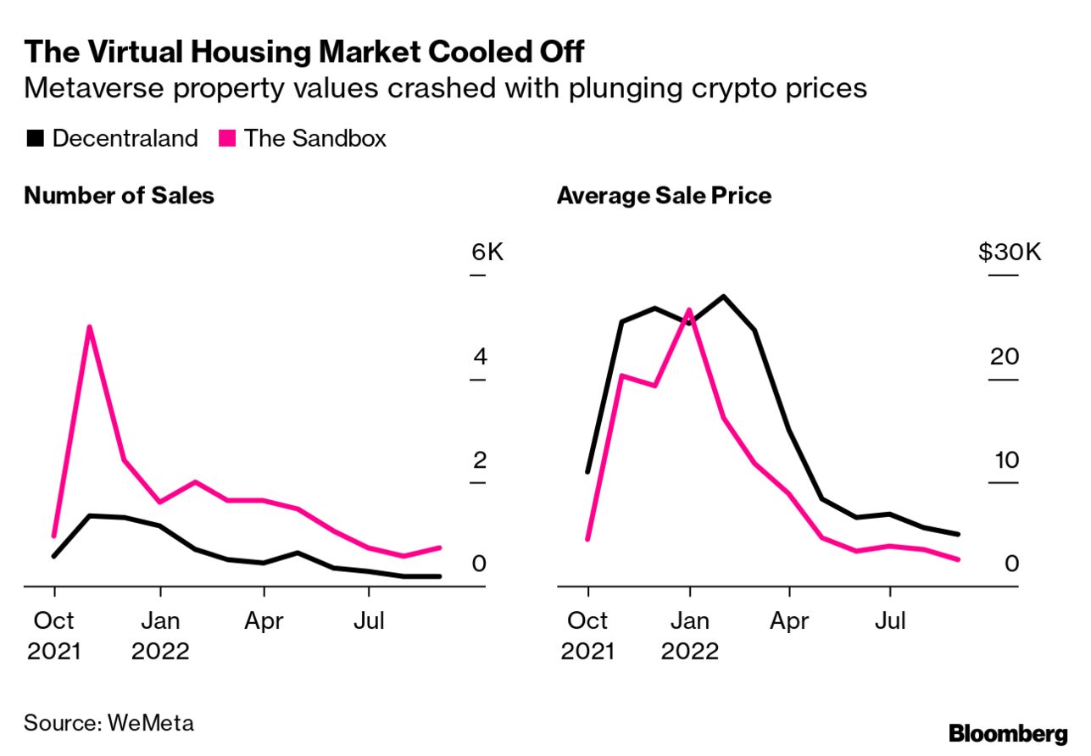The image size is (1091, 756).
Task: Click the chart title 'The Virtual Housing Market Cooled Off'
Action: [304, 52]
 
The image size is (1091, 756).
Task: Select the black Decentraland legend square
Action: [35, 138]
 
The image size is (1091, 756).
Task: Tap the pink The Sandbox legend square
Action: [226, 138]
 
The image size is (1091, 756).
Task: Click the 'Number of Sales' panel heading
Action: [119, 196]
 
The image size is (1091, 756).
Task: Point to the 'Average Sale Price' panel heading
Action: [664, 196]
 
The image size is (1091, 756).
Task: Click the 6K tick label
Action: [487, 252]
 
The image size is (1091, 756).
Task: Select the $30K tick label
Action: [1010, 252]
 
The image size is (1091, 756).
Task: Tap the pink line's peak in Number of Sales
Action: [89, 326]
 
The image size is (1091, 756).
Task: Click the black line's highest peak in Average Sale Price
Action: [723, 297]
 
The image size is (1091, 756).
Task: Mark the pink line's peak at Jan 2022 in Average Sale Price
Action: [690, 309]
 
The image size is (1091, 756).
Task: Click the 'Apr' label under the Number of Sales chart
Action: [264, 621]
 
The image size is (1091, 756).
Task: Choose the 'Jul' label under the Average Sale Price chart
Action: [890, 621]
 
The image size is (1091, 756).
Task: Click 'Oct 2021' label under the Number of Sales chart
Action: [55, 636]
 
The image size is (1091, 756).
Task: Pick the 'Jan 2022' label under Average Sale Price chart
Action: [690, 636]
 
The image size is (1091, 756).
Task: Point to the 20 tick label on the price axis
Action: [1005, 356]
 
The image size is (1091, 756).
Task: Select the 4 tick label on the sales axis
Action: [481, 356]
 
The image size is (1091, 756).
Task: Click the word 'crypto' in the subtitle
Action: [726, 88]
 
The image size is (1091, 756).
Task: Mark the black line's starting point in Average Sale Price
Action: [587, 471]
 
